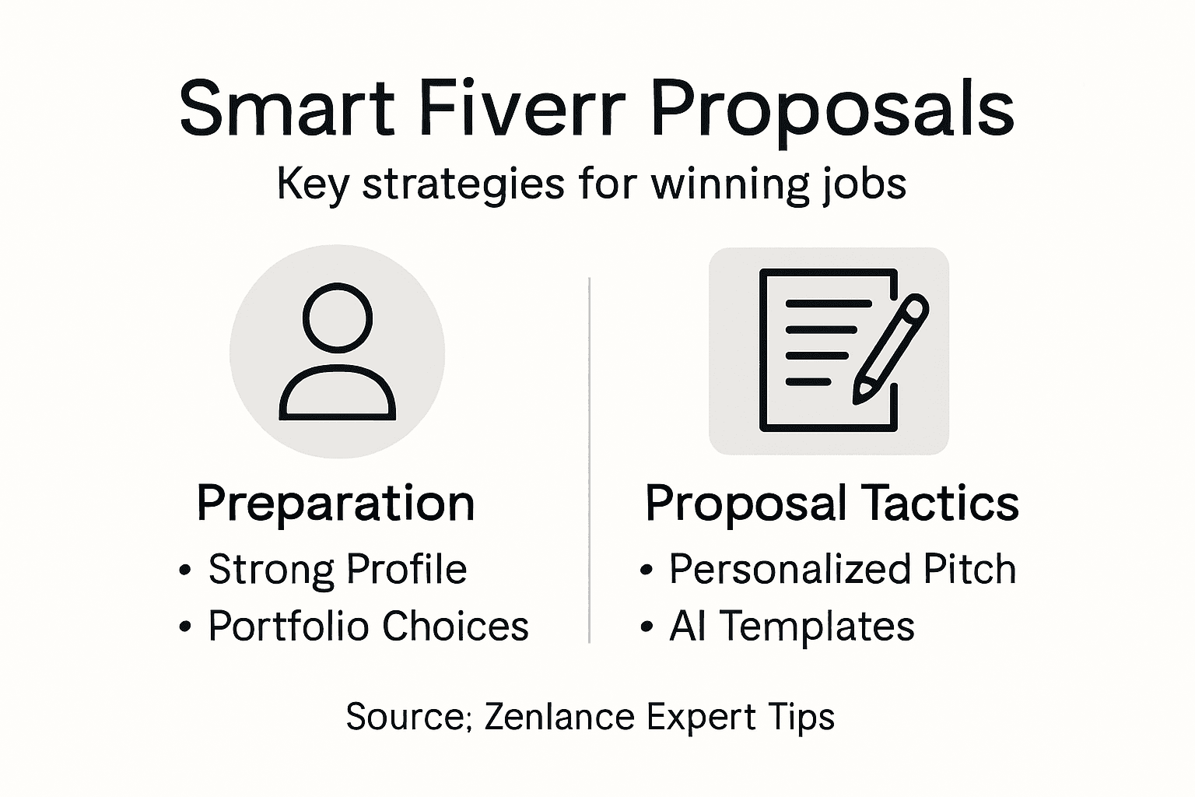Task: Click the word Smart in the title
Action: [286, 108]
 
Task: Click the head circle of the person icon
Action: [337, 318]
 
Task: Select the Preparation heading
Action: [335, 504]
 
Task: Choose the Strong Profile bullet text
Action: [337, 569]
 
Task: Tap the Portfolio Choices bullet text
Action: [368, 626]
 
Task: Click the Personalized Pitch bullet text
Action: [843, 569]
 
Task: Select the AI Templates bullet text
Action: [791, 626]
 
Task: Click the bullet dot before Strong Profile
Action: [184, 571]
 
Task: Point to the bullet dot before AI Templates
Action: [646, 627]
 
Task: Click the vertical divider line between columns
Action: [589, 459]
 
